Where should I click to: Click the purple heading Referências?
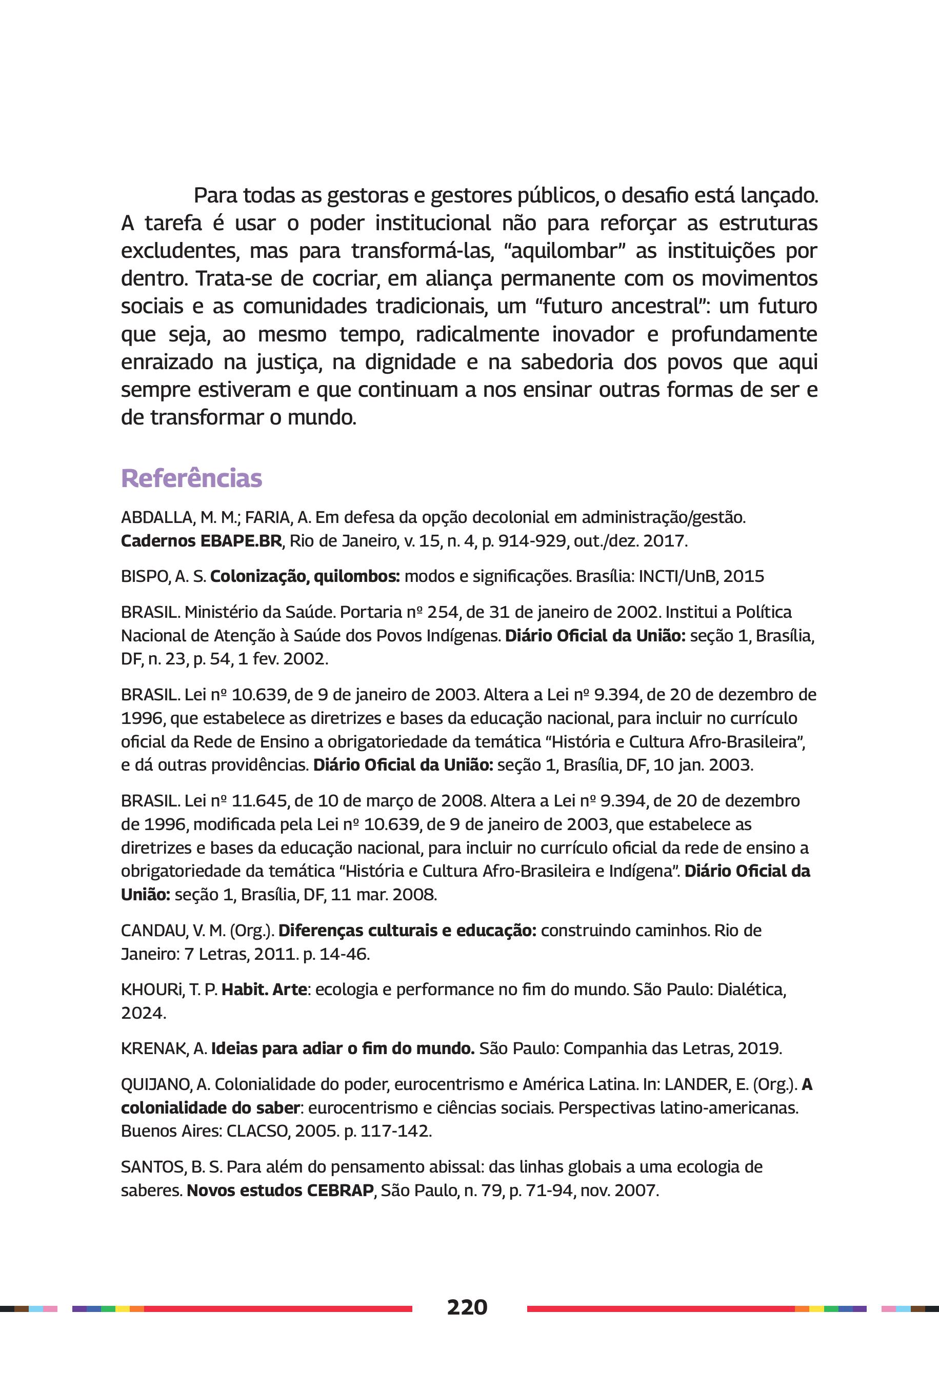point(191,478)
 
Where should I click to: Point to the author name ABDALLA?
point(154,517)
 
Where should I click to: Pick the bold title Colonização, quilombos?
point(305,576)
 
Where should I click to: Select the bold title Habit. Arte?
point(264,990)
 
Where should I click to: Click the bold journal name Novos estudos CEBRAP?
point(280,1190)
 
